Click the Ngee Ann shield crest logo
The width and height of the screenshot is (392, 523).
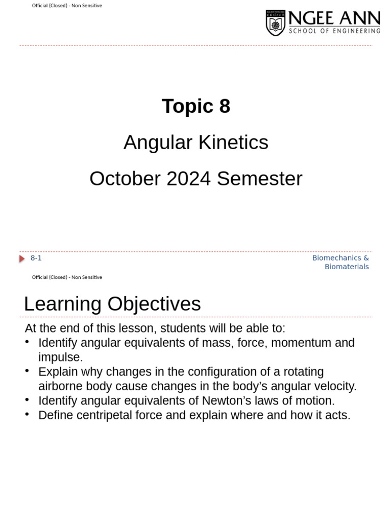pyautogui.click(x=276, y=23)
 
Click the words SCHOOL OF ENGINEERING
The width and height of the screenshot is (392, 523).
pyautogui.click(x=334, y=31)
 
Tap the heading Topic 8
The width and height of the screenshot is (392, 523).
pyautogui.click(x=196, y=106)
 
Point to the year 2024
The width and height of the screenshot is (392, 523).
pyautogui.click(x=188, y=179)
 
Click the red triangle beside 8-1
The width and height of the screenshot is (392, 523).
pyautogui.click(x=22, y=258)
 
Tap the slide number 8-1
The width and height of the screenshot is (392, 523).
pyautogui.click(x=36, y=258)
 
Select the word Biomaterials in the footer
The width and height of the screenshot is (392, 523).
pyautogui.click(x=347, y=267)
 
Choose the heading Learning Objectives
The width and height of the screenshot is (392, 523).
pyautogui.click(x=112, y=304)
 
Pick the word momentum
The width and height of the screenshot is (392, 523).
pyautogui.click(x=300, y=343)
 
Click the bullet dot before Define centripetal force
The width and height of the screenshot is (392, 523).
pyautogui.click(x=27, y=414)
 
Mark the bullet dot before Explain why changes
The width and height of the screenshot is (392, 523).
pyautogui.click(x=27, y=370)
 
